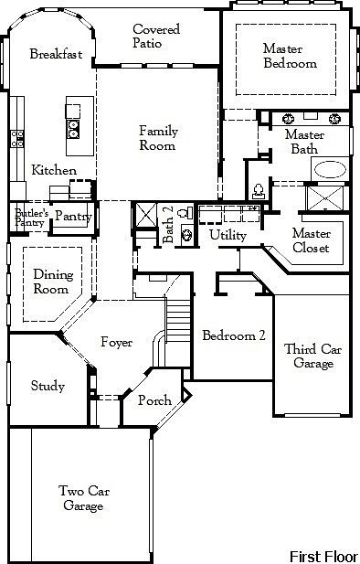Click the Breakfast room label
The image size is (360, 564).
coord(56,54)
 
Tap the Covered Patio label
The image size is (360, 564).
coord(156,37)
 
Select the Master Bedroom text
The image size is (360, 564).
coord(290,56)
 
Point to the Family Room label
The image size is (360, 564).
coord(158,138)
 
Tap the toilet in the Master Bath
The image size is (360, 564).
coord(259,190)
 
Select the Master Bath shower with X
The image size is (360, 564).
coord(330,203)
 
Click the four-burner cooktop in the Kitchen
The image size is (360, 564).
coord(17,138)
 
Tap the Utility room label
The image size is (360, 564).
coord(228,236)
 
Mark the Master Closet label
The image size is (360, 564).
coord(312,240)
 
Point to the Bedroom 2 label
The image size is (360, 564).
coord(234,335)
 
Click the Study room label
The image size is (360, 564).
coord(48,386)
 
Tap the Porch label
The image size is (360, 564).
coord(154,401)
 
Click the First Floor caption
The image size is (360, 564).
coord(323,555)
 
